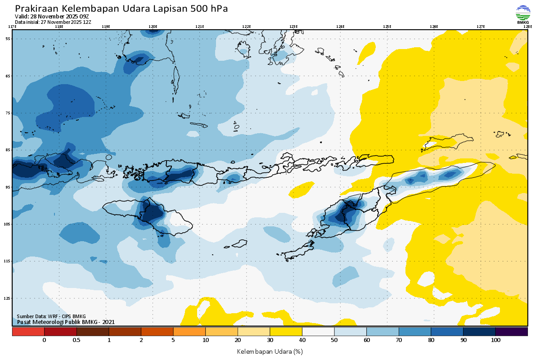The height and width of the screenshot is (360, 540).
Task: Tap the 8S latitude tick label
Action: [x=8, y=150]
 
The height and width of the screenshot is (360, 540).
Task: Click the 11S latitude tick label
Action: [x=8, y=261]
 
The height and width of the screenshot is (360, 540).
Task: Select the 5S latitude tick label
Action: [x=8, y=39]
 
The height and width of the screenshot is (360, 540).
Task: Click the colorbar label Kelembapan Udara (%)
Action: [x=270, y=351]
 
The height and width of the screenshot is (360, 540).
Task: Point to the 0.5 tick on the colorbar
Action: [x=76, y=340]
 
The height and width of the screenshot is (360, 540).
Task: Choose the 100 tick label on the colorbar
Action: [x=495, y=340]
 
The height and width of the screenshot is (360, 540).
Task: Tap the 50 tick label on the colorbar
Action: [x=334, y=340]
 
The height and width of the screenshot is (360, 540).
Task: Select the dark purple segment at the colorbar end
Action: [x=512, y=332]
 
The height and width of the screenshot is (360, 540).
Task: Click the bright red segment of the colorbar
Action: [x=28, y=332]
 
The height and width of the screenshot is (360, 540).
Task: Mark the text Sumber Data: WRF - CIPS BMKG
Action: [x=51, y=316]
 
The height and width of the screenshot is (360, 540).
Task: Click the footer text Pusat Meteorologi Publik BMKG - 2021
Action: [x=66, y=322]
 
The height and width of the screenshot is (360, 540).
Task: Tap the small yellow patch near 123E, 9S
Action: [x=301, y=190]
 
